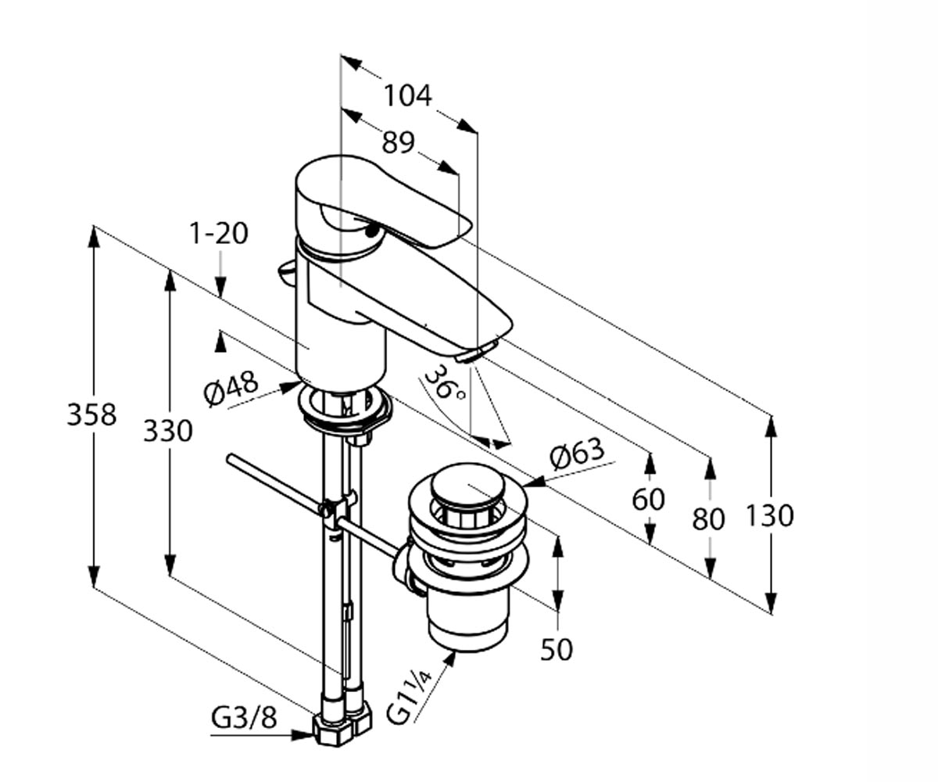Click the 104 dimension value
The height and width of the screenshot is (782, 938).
[407, 95]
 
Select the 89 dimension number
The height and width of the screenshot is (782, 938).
[399, 142]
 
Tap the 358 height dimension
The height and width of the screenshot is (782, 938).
[91, 414]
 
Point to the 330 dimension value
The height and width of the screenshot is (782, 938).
[168, 431]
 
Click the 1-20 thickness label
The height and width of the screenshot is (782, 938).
[219, 234]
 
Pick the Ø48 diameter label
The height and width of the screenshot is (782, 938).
[231, 387]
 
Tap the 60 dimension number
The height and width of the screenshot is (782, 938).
[648, 499]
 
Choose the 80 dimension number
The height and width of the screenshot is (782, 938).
[708, 518]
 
